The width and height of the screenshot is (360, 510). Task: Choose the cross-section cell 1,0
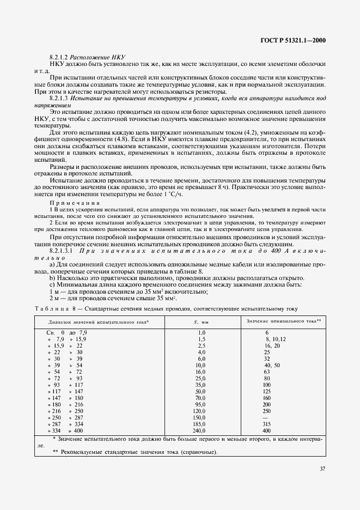[201, 332]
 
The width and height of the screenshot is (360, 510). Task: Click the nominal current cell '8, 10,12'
[275, 338]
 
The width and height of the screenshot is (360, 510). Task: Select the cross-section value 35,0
[200, 384]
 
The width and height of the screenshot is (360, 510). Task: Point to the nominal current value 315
[267, 424]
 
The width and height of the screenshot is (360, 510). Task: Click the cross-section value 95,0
[200, 404]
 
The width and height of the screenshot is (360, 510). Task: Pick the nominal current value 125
[267, 391]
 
